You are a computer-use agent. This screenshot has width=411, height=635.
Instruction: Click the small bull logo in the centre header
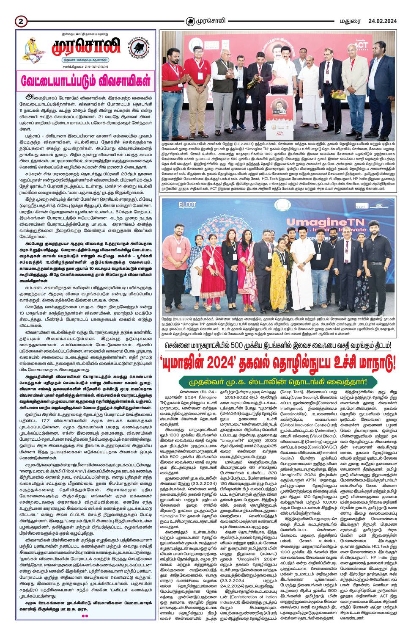click(x=191, y=21)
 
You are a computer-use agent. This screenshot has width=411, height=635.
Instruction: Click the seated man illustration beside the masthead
click(x=33, y=49)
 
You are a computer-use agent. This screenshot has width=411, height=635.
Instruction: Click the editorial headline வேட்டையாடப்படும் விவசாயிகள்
click(x=86, y=81)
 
